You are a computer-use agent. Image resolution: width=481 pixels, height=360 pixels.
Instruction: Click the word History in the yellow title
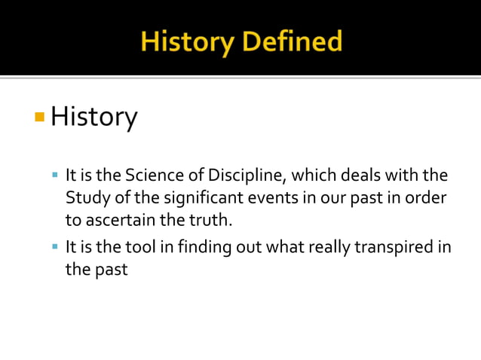pyautogui.click(x=186, y=41)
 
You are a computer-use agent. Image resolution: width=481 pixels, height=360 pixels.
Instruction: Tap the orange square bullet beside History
pyautogui.click(x=39, y=117)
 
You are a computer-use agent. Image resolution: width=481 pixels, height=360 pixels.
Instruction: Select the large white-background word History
pyautogui.click(x=94, y=117)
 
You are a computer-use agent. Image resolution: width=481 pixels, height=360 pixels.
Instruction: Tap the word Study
pyautogui.click(x=84, y=199)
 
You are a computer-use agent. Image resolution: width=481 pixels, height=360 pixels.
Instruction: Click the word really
pyautogui.click(x=319, y=246)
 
